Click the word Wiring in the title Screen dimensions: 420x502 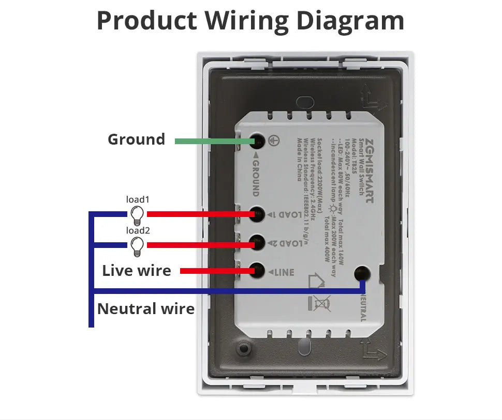click(246, 21)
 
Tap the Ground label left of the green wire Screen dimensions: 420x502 click(136, 139)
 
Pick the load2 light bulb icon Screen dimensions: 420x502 click(137, 246)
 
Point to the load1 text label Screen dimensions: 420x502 click(138, 199)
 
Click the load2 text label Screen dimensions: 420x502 click(138, 231)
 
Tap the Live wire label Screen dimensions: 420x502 click(137, 270)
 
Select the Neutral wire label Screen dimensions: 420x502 click(146, 309)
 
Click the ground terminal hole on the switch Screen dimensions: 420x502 click(257, 141)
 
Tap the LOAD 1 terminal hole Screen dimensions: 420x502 click(257, 213)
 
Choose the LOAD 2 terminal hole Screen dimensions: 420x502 click(257, 242)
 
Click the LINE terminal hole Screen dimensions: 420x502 click(257, 270)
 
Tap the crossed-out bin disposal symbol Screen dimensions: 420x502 click(320, 303)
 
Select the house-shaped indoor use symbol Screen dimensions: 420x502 click(317, 281)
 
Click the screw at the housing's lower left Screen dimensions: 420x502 click(242, 349)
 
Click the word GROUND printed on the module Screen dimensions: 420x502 click(256, 176)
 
